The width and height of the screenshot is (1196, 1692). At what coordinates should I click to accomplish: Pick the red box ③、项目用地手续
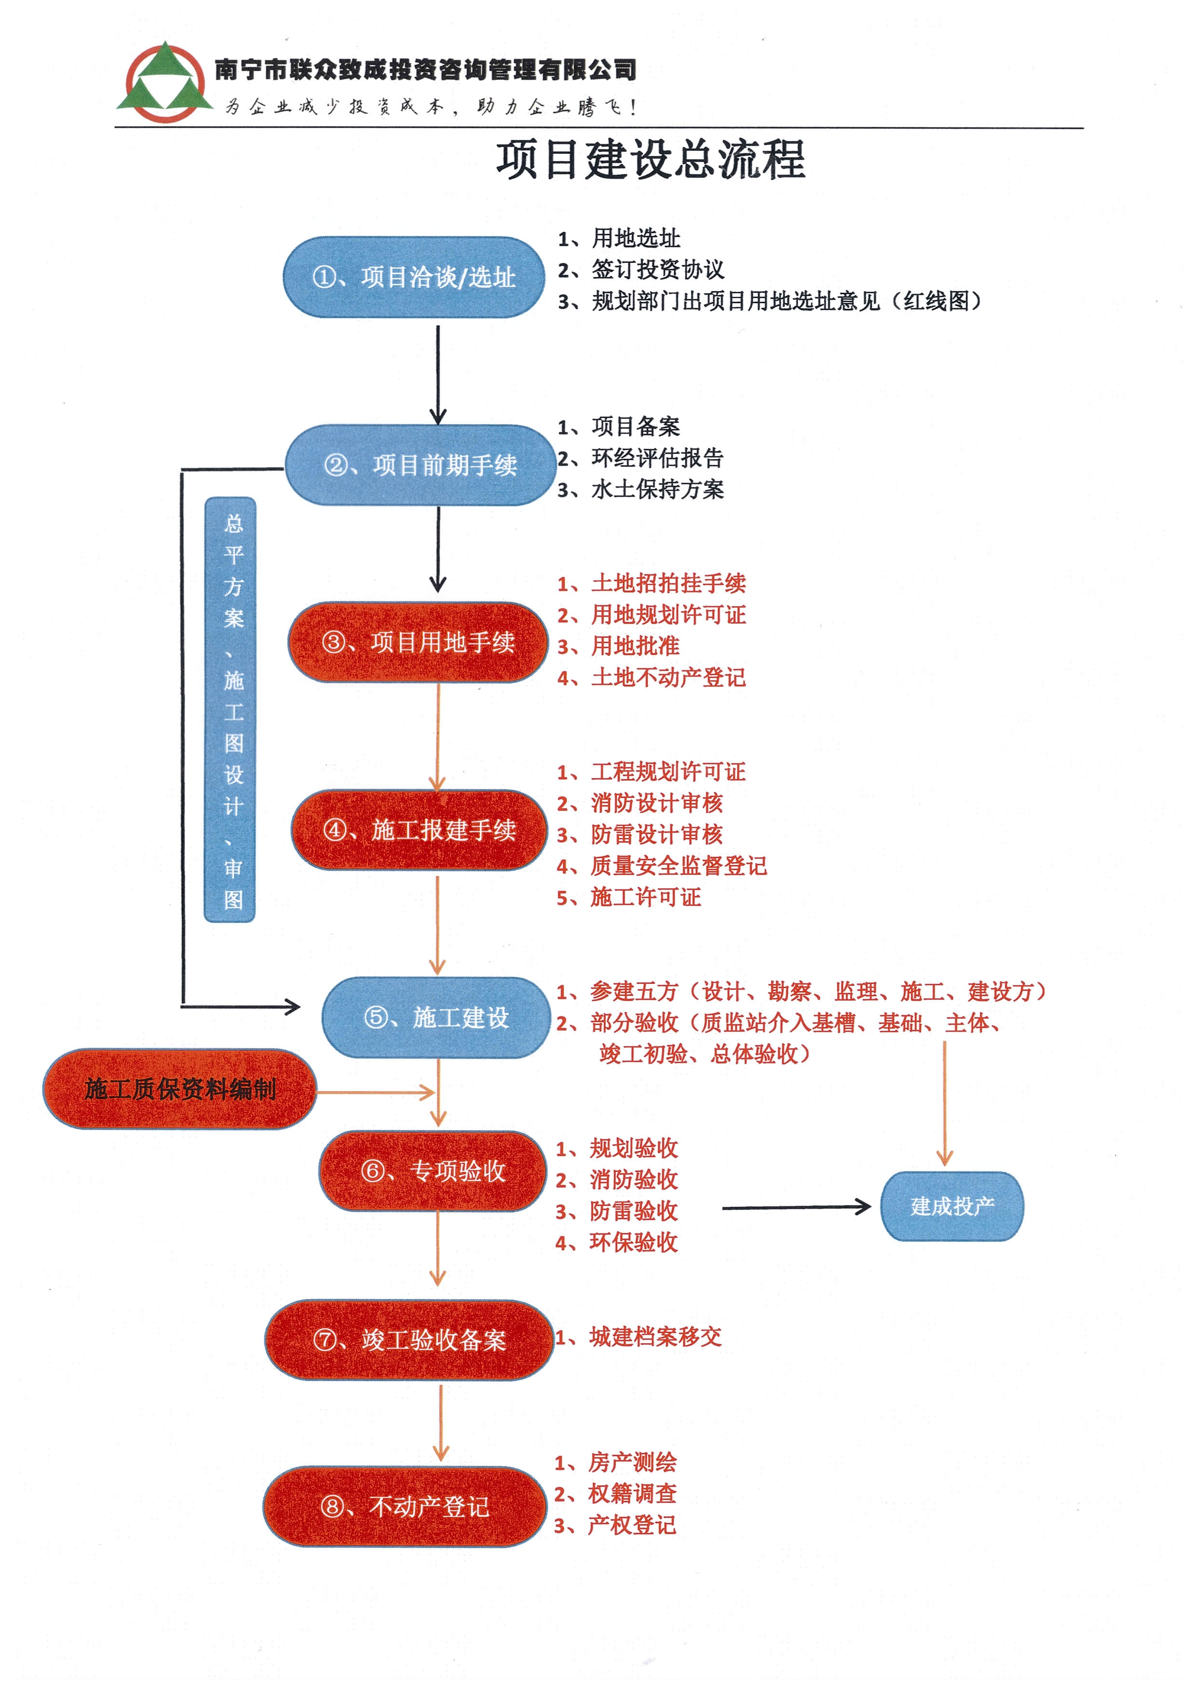coord(418,642)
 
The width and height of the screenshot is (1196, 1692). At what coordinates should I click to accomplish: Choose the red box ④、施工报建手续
coord(419,830)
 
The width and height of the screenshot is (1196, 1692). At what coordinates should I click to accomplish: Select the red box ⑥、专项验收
coord(433,1171)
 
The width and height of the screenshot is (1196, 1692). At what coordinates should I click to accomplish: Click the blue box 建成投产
coord(951,1206)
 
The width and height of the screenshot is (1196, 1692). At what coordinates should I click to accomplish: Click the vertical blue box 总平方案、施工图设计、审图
coord(230,710)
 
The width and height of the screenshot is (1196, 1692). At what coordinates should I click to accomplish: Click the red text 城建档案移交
coord(655,1337)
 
